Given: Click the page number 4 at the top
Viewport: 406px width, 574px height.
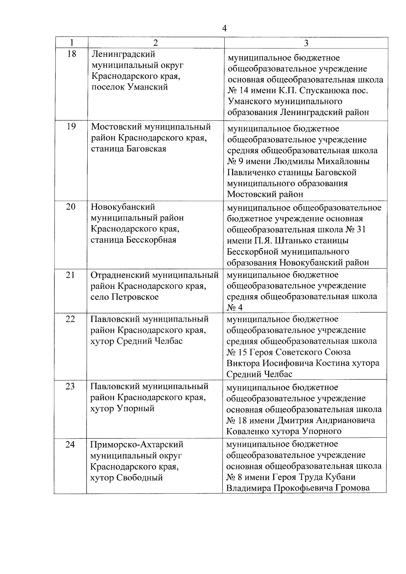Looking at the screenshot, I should pyautogui.click(x=224, y=28).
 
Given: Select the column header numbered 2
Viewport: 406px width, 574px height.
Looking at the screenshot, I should pyautogui.click(x=155, y=43).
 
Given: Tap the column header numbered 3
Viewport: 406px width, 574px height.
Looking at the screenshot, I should pyautogui.click(x=306, y=43).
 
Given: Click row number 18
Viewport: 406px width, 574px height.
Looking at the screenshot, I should pyautogui.click(x=72, y=54).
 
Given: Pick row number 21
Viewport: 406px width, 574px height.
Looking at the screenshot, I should pyautogui.click(x=70, y=275).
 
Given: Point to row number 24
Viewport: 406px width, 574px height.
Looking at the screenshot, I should pyautogui.click(x=70, y=444).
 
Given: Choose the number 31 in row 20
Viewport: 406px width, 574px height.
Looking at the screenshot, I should pyautogui.click(x=361, y=230).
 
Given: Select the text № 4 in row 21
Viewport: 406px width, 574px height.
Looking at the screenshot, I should pyautogui.click(x=234, y=307).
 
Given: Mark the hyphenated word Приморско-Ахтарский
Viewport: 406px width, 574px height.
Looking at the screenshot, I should pyautogui.click(x=137, y=444).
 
